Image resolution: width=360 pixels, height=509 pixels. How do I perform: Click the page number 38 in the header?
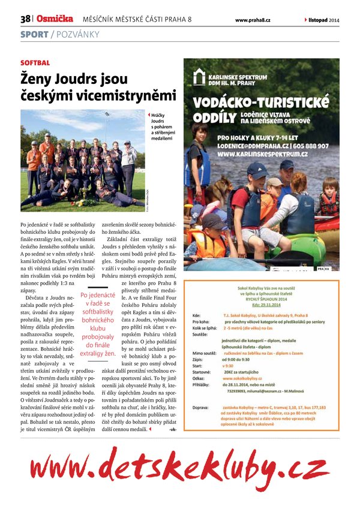[25, 20]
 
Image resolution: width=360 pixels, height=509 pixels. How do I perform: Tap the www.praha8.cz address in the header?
[253, 20]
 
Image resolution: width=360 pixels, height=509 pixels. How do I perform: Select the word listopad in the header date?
[318, 20]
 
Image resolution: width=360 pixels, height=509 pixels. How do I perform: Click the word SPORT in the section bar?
[34, 34]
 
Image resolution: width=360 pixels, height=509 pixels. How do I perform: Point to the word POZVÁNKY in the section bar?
[77, 34]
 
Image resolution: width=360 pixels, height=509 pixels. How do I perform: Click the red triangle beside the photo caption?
[148, 113]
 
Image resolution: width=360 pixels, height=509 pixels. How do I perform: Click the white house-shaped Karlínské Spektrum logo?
[199, 76]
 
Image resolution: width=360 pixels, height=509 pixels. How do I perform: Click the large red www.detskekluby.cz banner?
[179, 466]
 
